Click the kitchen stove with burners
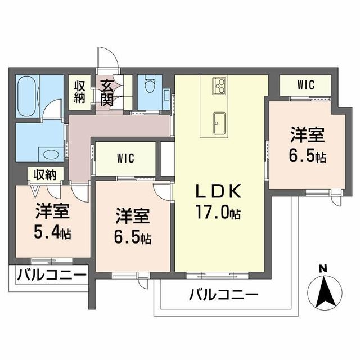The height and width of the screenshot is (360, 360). [x=219, y=87]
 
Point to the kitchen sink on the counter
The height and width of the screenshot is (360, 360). [x=219, y=120]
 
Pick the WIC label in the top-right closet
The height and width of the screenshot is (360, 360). [x=306, y=85]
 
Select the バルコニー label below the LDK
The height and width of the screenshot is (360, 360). [x=223, y=294]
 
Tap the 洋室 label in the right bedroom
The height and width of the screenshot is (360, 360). [x=307, y=136]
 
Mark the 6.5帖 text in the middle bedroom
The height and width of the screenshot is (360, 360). [x=133, y=237]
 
